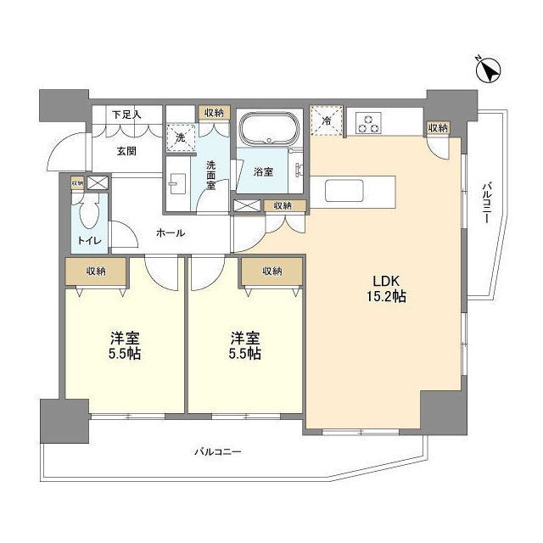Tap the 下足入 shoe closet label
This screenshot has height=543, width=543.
pyautogui.click(x=127, y=115)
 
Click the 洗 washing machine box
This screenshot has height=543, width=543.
pyautogui.click(x=180, y=136)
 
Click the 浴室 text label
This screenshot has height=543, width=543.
pyautogui.click(x=263, y=171)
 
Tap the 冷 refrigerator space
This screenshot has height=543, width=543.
pyautogui.click(x=327, y=120)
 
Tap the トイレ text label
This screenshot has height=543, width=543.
pyautogui.click(x=90, y=241)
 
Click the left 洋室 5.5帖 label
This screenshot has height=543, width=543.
pyautogui.click(x=124, y=344)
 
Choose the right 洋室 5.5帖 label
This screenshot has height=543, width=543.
pyautogui.click(x=246, y=344)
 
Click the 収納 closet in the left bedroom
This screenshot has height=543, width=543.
pyautogui.click(x=95, y=271)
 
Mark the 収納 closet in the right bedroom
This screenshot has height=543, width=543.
pyautogui.click(x=271, y=271)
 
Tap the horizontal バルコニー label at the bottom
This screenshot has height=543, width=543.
pyautogui.click(x=216, y=452)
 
